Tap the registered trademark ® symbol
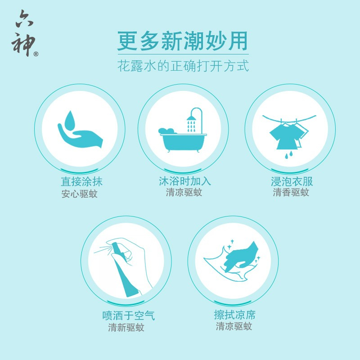click(36, 54)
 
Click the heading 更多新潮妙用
click(183, 41)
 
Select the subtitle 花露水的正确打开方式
click(183, 66)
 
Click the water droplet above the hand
click(70, 121)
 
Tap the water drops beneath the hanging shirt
click(289, 154)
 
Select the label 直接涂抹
click(81, 182)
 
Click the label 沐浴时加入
click(184, 181)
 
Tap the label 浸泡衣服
click(292, 181)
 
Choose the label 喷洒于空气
click(129, 315)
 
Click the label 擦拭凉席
click(234, 315)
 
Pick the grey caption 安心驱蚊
click(79, 194)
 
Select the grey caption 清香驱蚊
click(291, 193)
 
